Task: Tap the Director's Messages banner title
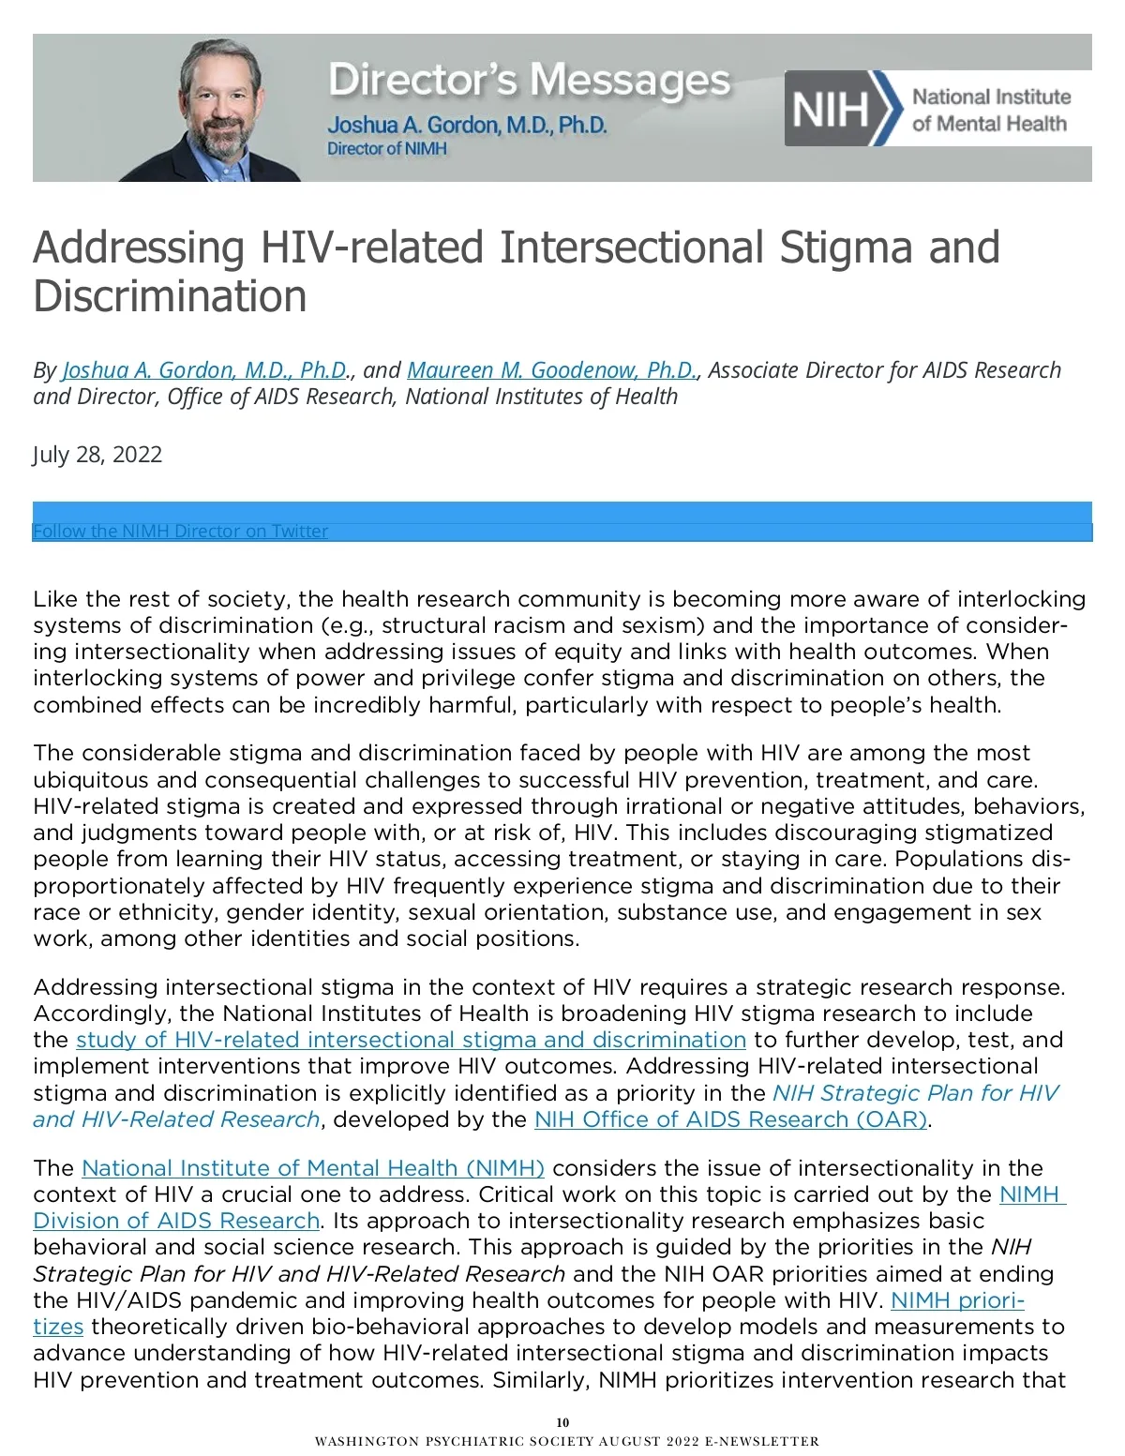pyautogui.click(x=529, y=81)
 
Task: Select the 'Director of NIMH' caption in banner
pyautogui.click(x=387, y=149)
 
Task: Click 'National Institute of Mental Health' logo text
pyautogui.click(x=990, y=110)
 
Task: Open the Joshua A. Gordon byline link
pyautogui.click(x=205, y=369)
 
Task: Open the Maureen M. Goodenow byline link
pyautogui.click(x=552, y=369)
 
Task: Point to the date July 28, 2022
pyautogui.click(x=97, y=455)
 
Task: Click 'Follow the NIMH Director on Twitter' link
pyautogui.click(x=180, y=532)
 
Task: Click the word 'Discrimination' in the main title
pyautogui.click(x=170, y=296)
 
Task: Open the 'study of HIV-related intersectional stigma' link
pyautogui.click(x=411, y=1040)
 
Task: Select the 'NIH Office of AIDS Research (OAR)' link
pyautogui.click(x=730, y=1119)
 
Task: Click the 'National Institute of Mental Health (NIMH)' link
pyautogui.click(x=313, y=1168)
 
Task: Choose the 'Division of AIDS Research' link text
pyautogui.click(x=176, y=1221)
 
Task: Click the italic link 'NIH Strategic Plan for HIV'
pyautogui.click(x=915, y=1093)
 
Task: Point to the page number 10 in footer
pyautogui.click(x=562, y=1422)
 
